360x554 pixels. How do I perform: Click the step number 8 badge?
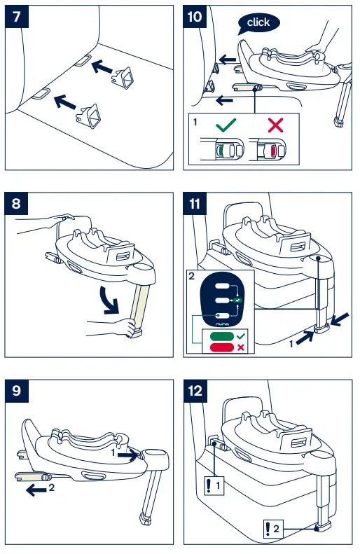(18, 205)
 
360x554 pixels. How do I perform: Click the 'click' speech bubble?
(257, 23)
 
